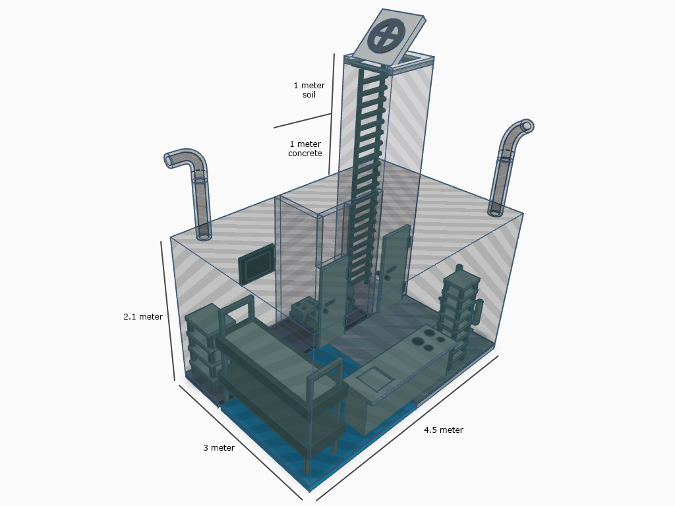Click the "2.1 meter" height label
[x=143, y=317]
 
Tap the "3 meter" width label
[x=219, y=448]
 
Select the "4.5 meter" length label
[x=444, y=430]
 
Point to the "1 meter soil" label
[x=309, y=90]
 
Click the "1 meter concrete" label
[x=305, y=148]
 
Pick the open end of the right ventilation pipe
[x=527, y=126]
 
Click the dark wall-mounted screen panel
[x=257, y=265]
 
